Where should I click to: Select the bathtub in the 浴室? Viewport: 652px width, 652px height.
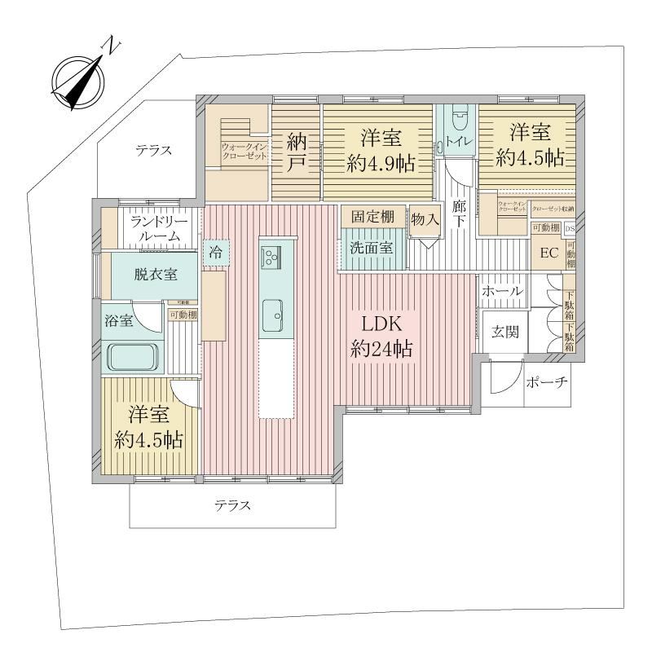point(132,356)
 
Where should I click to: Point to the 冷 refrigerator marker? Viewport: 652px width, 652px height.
point(215,252)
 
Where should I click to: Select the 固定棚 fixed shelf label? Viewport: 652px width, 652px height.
point(372,217)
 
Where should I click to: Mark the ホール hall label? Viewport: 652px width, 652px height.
point(502,291)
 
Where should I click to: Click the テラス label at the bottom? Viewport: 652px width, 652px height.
point(232,505)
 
